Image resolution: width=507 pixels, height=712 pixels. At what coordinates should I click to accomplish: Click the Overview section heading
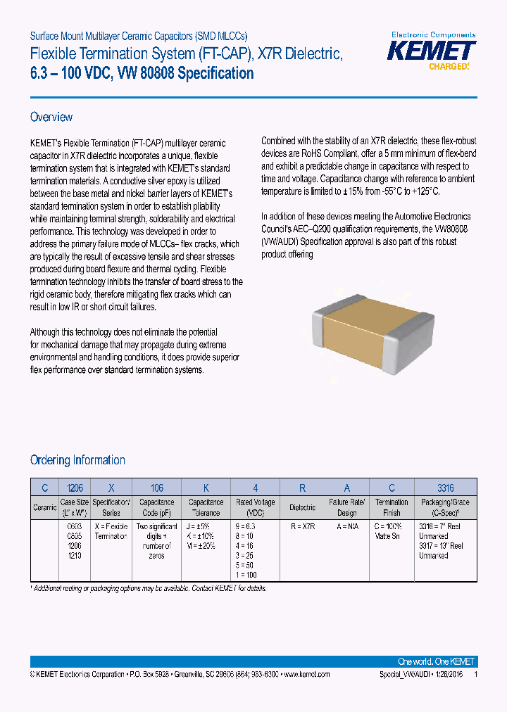pyautogui.click(x=51, y=117)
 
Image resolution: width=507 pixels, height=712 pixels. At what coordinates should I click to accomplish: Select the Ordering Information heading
pyautogui.click(x=77, y=460)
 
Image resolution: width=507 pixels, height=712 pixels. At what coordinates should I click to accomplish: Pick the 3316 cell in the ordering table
pyautogui.click(x=446, y=487)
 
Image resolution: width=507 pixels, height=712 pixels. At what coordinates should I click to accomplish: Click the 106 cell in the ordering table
pyautogui.click(x=156, y=487)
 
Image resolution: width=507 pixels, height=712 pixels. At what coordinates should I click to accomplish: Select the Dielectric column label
pyautogui.click(x=302, y=507)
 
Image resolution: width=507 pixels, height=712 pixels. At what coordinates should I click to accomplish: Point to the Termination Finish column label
pyautogui.click(x=392, y=507)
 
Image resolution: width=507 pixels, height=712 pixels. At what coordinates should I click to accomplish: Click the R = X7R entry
pyautogui.click(x=302, y=526)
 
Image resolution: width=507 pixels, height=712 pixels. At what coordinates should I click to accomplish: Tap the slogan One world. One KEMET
pyautogui.click(x=436, y=661)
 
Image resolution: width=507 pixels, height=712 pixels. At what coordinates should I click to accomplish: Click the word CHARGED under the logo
pyautogui.click(x=449, y=67)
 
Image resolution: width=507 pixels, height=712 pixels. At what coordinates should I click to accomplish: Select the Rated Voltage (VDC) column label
pyautogui.click(x=254, y=507)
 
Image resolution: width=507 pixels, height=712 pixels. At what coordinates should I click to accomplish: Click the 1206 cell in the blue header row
pyautogui.click(x=74, y=487)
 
